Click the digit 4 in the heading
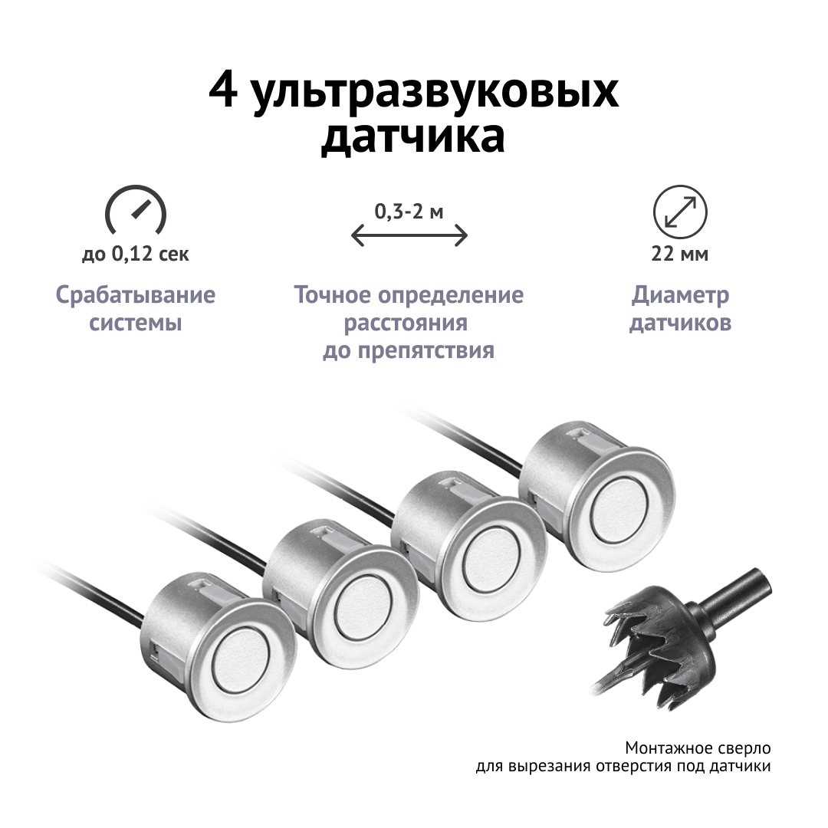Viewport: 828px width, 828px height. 223,90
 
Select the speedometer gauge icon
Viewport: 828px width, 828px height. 136,210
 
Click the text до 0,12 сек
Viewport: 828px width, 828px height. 136,254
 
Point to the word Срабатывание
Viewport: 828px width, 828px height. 136,294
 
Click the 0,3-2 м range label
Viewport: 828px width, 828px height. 409,212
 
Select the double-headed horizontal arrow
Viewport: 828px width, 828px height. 409,235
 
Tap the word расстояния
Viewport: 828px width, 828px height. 406,323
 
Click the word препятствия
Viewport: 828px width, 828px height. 426,350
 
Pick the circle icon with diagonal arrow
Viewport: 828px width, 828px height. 679,212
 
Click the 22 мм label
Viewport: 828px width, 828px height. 679,254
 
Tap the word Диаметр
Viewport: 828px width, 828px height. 680,295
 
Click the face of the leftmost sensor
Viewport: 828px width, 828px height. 242,660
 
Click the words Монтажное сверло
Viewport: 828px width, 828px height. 698,747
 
